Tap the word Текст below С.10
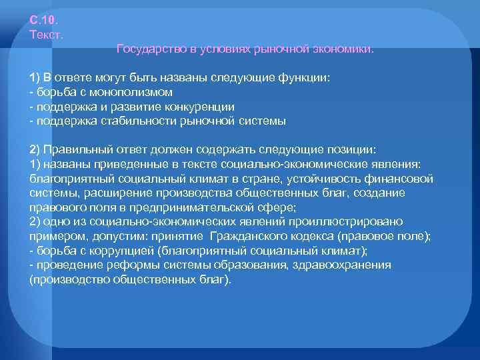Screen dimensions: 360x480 pyautogui.click(x=47, y=33)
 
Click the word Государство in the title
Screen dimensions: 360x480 pyautogui.click(x=146, y=49)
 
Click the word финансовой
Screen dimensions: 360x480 pyautogui.click(x=397, y=179)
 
